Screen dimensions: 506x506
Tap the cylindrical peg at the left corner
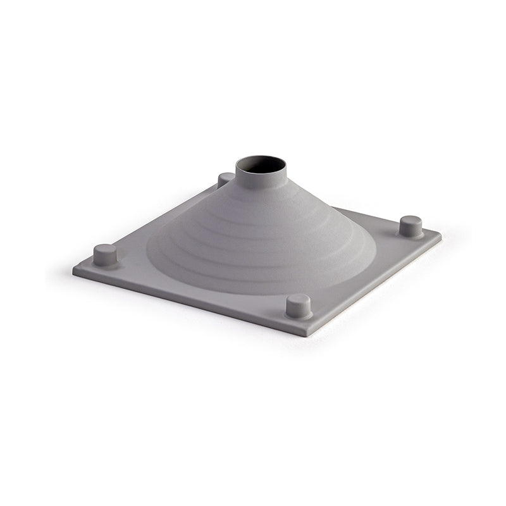coord(105,255)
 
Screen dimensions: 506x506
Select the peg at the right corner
coord(410,226)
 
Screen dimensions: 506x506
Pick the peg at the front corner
coord(298,306)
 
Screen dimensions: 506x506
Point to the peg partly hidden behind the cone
coord(225,179)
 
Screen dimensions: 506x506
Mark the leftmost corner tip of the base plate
coord(74,270)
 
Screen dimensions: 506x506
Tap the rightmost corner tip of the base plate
coord(440,234)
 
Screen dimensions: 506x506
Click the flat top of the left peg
coord(105,249)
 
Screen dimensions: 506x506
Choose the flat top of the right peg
coord(410,220)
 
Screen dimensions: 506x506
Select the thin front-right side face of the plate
coord(379,285)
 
